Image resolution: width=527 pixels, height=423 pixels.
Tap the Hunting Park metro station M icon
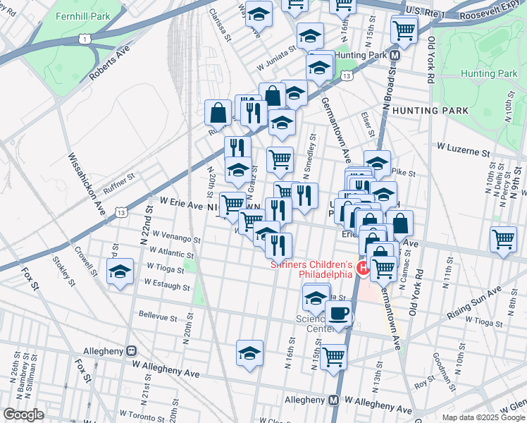395,55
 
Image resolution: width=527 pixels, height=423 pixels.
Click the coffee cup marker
339,313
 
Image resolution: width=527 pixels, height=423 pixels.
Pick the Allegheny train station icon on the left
131,350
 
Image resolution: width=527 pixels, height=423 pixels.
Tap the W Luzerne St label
463,151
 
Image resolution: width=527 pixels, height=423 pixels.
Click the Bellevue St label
157,316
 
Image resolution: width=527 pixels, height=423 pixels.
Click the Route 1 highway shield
85,37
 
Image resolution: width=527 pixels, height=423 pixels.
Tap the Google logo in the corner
23,415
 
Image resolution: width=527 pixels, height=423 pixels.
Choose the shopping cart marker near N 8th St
504,240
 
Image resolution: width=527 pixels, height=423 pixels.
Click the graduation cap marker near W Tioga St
120,271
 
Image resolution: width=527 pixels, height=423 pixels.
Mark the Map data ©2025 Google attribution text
483,417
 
